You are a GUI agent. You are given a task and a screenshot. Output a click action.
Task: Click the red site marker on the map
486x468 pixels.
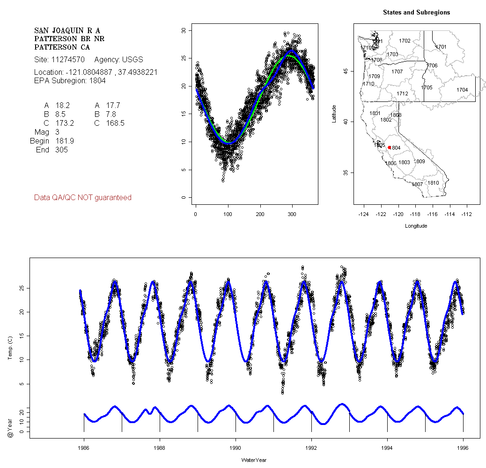389,147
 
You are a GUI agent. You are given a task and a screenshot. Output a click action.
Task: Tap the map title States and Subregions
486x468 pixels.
416,13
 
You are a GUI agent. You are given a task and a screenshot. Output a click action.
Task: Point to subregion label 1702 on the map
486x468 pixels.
405,41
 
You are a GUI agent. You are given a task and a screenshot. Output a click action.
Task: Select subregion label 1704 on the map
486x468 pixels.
462,90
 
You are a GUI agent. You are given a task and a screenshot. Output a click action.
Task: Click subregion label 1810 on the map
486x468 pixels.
433,183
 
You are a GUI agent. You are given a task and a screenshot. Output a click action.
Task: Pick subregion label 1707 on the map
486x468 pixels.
397,72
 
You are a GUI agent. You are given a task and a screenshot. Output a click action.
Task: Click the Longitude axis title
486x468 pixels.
416,226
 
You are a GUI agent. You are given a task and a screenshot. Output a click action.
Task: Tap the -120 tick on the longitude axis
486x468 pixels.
398,214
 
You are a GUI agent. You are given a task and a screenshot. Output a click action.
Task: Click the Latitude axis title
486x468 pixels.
334,114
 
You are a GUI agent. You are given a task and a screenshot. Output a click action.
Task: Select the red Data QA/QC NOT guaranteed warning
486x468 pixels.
83,198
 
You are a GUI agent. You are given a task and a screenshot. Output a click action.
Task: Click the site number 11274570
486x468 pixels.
66,60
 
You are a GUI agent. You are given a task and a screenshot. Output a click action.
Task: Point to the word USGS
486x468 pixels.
132,60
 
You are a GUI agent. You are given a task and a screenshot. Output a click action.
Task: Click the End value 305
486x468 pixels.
61,150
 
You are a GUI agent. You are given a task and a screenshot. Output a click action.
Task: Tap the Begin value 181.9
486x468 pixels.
65,141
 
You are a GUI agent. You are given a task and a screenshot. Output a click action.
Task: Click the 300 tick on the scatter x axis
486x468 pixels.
292,214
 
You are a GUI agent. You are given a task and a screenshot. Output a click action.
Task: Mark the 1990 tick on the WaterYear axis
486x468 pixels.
236,447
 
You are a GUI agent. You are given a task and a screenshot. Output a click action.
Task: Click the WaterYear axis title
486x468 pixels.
254,460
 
